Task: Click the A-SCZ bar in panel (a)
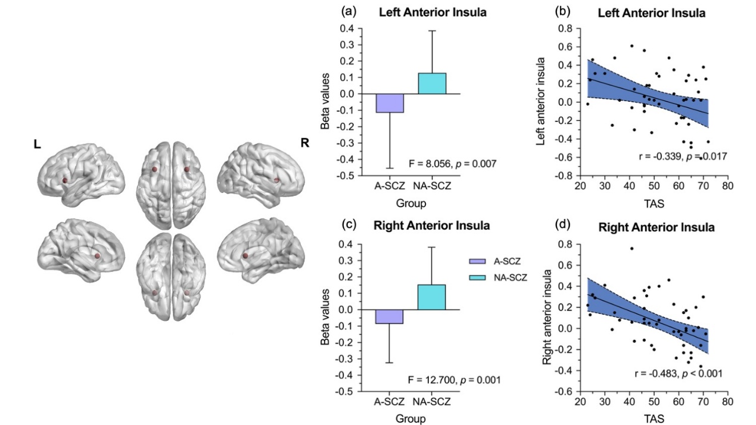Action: pos(390,103)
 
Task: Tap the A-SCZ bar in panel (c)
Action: pos(390,316)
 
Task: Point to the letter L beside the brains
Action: pos(37,145)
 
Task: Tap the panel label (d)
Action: pos(562,226)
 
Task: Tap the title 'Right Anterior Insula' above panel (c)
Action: pos(424,226)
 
